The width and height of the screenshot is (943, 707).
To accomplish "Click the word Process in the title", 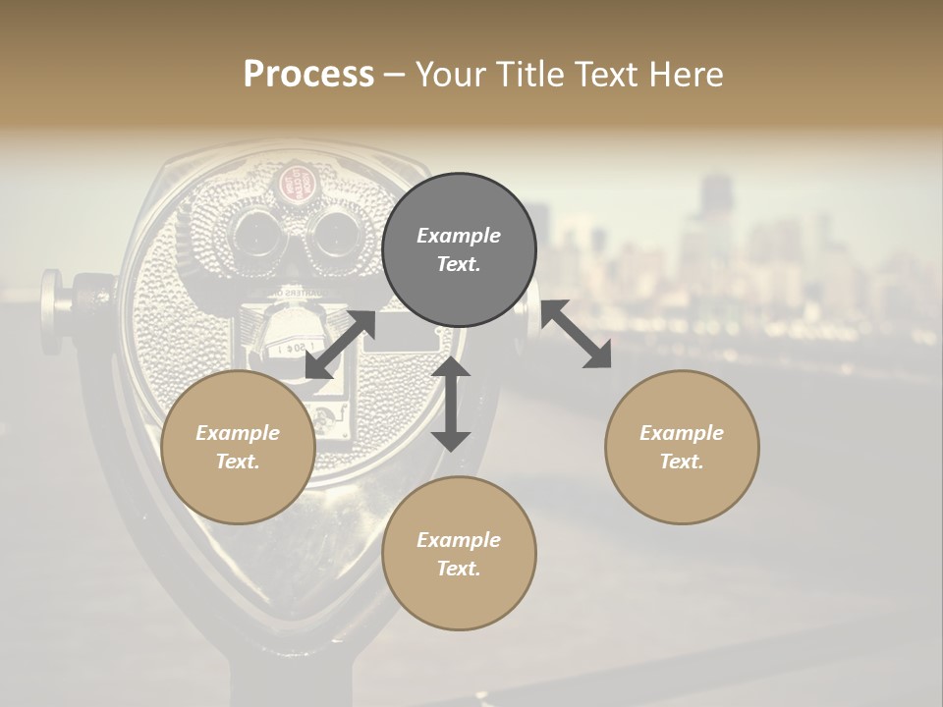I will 308,74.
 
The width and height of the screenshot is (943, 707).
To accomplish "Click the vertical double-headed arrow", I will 451,404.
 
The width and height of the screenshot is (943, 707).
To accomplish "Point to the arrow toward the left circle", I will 340,345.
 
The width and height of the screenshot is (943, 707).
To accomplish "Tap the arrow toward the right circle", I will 576,334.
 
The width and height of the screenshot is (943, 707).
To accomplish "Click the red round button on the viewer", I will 292,182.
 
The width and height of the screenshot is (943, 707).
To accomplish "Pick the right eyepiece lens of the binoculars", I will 332,233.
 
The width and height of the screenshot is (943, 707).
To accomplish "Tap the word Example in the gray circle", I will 459,236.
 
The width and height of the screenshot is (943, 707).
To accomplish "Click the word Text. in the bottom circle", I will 459,569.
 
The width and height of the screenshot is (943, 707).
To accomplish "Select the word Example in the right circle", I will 682,433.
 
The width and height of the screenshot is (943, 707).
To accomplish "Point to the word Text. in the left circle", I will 238,462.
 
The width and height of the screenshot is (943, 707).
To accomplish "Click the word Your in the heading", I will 449,74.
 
